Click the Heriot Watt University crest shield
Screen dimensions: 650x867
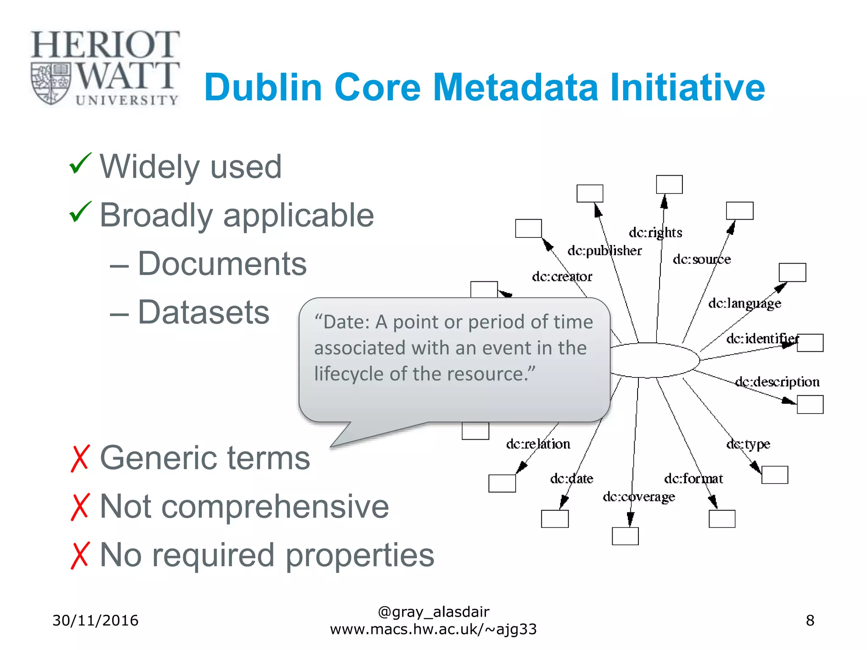coord(50,83)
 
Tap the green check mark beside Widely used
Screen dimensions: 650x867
coord(80,164)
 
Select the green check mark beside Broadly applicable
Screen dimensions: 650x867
coord(80,212)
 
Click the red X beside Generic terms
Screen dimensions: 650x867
coord(80,458)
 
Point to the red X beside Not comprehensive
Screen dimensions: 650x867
coord(80,507)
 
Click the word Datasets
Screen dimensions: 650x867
coord(204,312)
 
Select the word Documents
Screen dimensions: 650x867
coord(222,264)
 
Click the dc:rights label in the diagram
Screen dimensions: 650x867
coord(655,232)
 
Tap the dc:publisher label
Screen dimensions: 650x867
coord(605,251)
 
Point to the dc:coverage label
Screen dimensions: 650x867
coord(639,496)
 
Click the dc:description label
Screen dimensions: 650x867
coord(777,382)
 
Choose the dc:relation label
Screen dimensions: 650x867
coord(538,444)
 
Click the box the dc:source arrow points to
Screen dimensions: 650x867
coord(740,211)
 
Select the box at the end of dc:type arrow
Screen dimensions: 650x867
coord(775,475)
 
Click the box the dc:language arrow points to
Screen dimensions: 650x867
coord(792,273)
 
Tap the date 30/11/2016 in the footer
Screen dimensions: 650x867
coord(95,620)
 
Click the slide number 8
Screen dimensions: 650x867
coord(810,620)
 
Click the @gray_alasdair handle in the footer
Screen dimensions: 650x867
coord(433,612)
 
